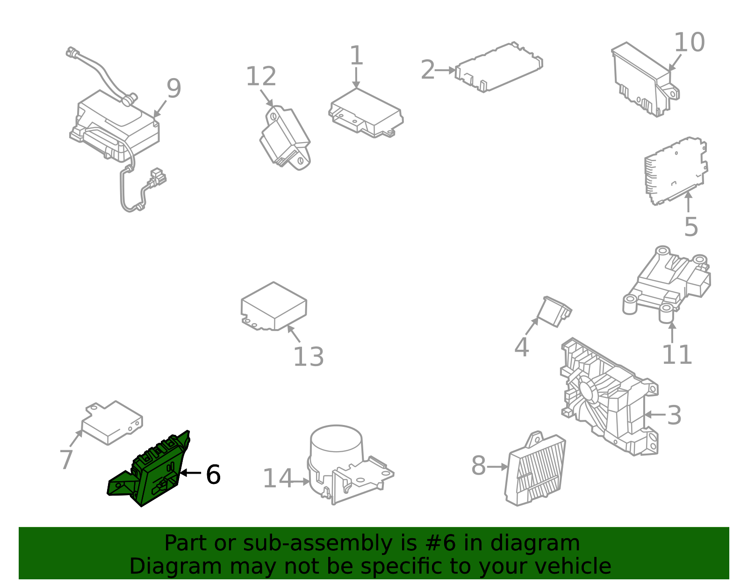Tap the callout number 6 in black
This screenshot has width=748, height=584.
tap(213, 475)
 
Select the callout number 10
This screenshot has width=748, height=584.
tap(690, 43)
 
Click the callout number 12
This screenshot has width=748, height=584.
tap(261, 76)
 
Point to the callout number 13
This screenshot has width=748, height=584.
tap(309, 357)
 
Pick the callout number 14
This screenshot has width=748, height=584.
tap(277, 478)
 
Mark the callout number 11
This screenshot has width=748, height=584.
tap(677, 354)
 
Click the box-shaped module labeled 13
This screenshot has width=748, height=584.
tap(274, 306)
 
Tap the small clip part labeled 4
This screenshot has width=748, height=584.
tap(554, 311)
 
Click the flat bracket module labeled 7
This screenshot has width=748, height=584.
tap(112, 424)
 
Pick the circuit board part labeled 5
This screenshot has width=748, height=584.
tap(676, 171)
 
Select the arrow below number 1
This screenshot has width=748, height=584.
tap(356, 78)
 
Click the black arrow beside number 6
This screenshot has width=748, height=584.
tap(190, 473)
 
